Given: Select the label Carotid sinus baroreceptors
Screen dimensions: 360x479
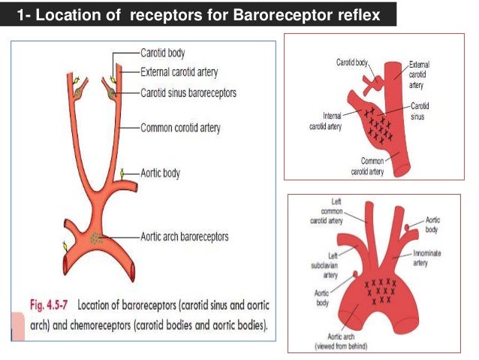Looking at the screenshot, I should (x=188, y=92).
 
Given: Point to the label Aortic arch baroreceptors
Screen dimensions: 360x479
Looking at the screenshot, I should (x=185, y=237).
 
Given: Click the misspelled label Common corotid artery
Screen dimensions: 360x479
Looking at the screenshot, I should (x=181, y=129).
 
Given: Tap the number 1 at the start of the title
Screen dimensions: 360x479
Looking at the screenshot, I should (x=19, y=15).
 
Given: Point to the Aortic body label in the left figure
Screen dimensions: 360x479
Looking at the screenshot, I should (x=161, y=172).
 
